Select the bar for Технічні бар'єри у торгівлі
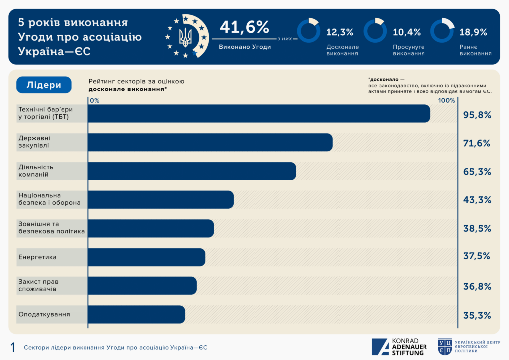[259, 113]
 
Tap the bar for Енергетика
[147, 257]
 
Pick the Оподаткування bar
[137, 314]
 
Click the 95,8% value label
[477, 115]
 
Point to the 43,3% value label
[477, 200]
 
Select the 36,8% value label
[477, 286]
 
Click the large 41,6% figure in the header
[244, 27]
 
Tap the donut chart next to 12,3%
[308, 31]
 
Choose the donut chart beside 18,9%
[442, 31]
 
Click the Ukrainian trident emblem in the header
[185, 37]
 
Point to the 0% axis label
[94, 100]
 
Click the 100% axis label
[446, 100]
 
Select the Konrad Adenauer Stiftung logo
[399, 347]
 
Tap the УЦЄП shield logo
[445, 347]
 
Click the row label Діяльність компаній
[36, 171]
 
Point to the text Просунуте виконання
[409, 50]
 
